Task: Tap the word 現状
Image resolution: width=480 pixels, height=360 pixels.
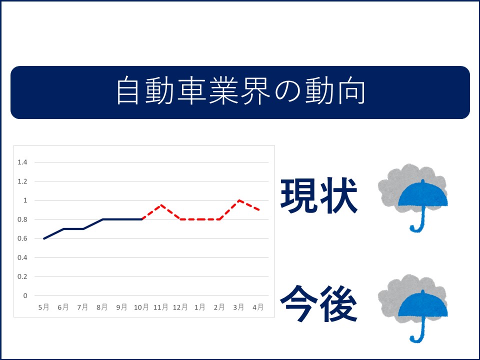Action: pos(319,195)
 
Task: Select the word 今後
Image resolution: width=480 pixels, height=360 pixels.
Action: pos(318,303)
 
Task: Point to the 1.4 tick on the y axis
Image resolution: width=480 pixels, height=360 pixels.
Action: pos(22,162)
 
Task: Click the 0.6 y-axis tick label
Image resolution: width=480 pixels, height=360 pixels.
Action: pos(22,238)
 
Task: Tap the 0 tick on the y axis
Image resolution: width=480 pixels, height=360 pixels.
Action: pos(25,295)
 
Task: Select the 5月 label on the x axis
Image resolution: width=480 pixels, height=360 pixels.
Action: pos(44,307)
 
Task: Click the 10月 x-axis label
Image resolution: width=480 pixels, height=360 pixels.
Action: pos(141,307)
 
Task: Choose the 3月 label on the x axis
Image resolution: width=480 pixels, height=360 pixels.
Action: pos(238,307)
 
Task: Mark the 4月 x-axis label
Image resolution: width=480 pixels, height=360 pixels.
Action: pos(258,307)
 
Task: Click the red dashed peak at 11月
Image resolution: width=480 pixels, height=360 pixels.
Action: pos(160,205)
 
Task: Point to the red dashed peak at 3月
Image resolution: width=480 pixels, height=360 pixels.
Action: pos(239,200)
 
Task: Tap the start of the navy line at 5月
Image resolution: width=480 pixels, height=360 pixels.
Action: pos(44,238)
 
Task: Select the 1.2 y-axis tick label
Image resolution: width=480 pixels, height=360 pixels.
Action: pos(22,181)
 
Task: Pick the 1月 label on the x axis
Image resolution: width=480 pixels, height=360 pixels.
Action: pos(199,307)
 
